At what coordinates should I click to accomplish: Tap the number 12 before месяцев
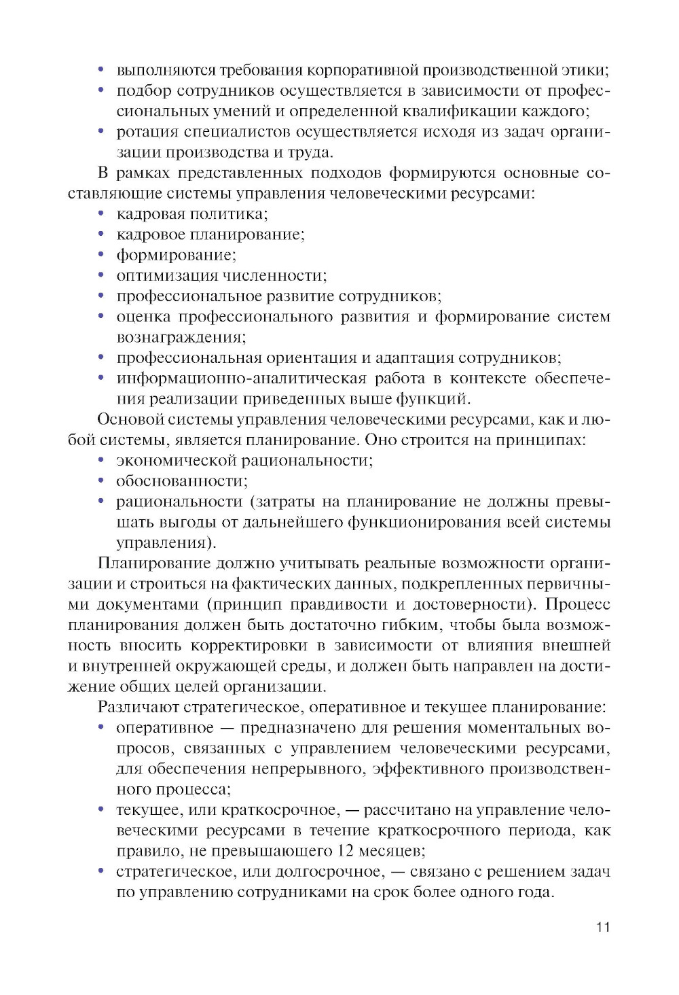[x=345, y=851]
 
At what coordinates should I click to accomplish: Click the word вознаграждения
[x=181, y=337]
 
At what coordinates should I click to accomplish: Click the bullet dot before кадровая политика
[x=101, y=213]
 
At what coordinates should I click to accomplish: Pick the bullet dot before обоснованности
[x=101, y=481]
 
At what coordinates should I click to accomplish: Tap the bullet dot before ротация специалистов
[x=101, y=131]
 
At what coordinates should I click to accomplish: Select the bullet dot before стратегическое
[x=101, y=871]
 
